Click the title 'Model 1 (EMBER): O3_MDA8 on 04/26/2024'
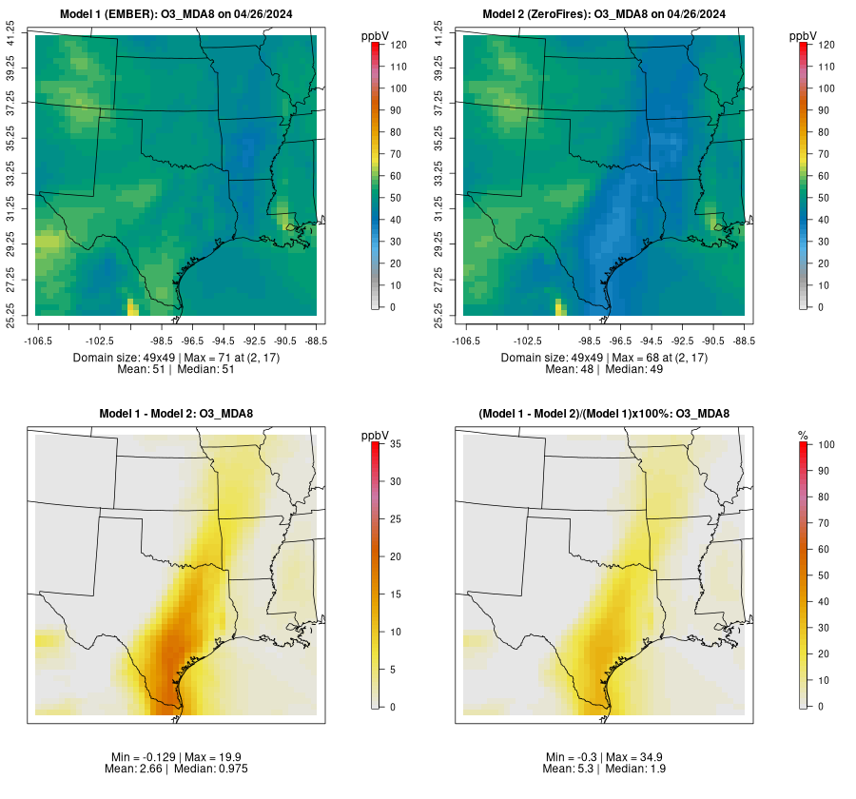176,13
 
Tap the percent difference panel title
603,413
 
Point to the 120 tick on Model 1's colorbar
398,45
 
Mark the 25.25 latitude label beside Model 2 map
438,315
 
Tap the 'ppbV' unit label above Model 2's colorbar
803,35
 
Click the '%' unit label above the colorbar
803,435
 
